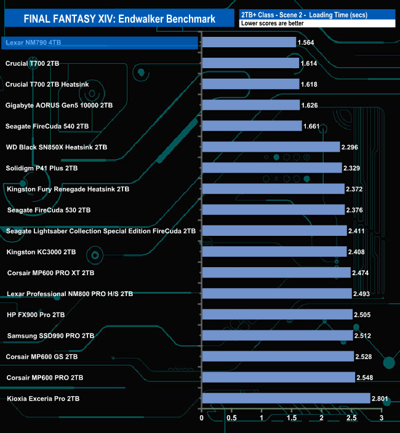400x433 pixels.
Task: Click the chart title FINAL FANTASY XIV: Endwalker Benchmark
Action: (x=119, y=19)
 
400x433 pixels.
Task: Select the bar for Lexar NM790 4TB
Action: (x=249, y=42)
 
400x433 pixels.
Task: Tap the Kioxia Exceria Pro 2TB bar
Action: (x=286, y=399)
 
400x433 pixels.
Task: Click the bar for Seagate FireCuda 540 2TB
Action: (x=252, y=126)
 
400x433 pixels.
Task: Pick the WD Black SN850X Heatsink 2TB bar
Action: (x=271, y=147)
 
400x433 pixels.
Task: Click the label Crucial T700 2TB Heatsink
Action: (x=49, y=84)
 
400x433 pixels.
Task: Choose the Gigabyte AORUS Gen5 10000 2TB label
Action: (x=59, y=105)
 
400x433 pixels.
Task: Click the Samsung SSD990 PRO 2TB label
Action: (x=50, y=335)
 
